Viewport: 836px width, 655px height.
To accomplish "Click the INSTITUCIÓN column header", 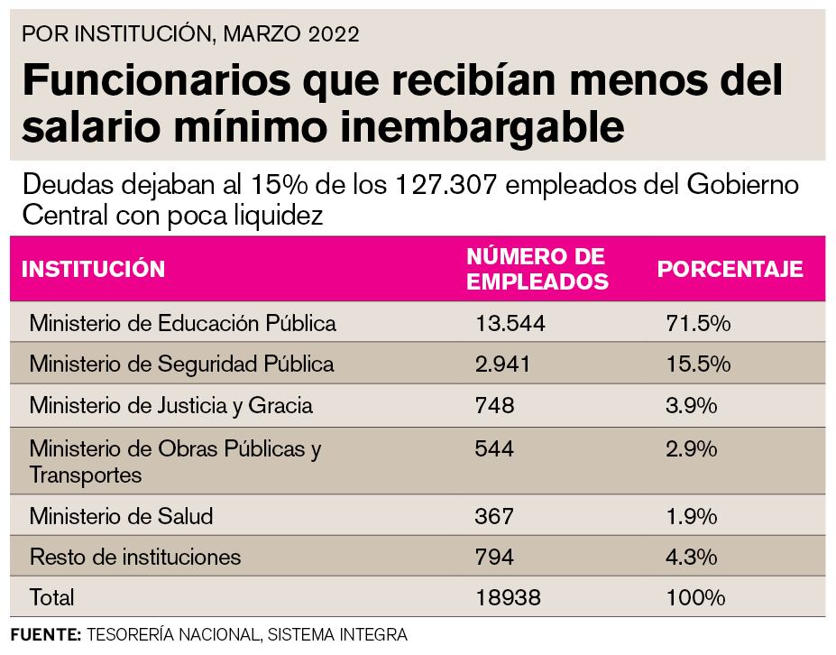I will [93, 269].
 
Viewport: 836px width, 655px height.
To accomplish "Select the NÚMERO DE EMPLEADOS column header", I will [537, 268].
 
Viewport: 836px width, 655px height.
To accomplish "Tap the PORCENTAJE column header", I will [730, 269].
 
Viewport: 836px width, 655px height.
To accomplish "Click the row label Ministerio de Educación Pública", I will [182, 323].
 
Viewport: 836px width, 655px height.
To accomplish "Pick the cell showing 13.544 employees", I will [510, 323].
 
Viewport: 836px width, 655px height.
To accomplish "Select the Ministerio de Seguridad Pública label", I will [181, 364].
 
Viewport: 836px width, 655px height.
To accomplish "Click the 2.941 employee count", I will [503, 364].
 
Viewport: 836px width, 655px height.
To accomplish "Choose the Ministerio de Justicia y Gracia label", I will [170, 405].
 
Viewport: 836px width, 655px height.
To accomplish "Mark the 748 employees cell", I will [494, 405].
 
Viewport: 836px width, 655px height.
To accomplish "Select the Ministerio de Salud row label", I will [121, 517].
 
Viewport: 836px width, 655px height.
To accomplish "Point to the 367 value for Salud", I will [494, 517].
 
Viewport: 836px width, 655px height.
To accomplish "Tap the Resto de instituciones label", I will [135, 557].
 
